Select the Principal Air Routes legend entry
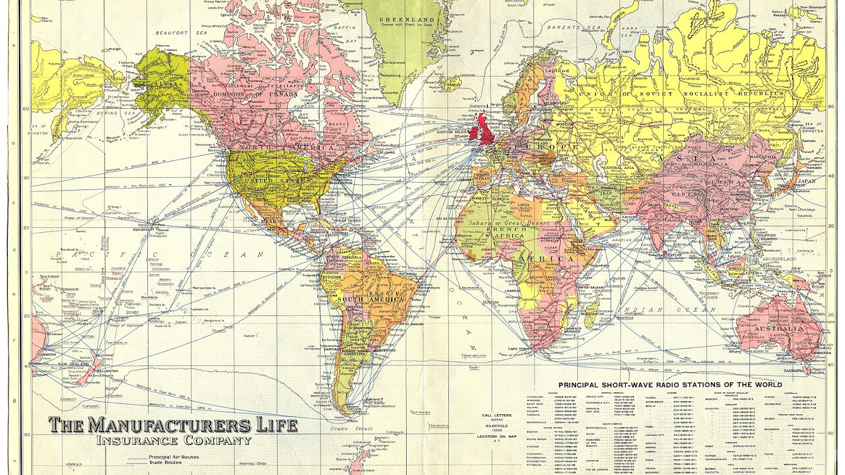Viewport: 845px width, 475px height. coord(174,457)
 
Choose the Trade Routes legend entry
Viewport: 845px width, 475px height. coord(165,462)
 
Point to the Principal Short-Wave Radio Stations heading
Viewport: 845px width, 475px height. coord(670,385)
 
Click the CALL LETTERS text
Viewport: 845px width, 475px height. coord(496,415)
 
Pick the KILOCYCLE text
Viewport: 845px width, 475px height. coord(496,425)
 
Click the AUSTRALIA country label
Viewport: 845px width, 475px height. coord(782,328)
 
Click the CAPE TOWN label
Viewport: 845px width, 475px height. coord(518,349)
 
